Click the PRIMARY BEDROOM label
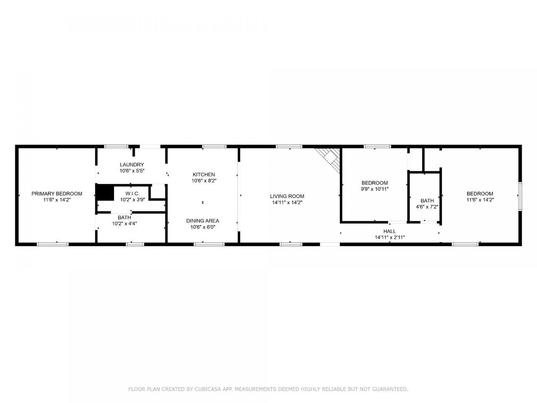(57, 194)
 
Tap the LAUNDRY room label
(132, 165)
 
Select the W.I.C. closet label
(132, 194)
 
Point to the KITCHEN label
(204, 175)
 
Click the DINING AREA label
(203, 221)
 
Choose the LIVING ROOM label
(287, 196)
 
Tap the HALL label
(389, 231)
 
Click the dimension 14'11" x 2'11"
(390, 237)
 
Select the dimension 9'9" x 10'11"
(375, 189)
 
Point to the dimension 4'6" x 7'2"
(427, 207)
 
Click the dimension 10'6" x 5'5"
(132, 171)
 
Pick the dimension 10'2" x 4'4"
(124, 224)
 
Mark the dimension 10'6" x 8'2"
(204, 181)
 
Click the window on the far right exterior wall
(520, 196)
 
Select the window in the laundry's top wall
(116, 147)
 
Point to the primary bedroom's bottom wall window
(52, 244)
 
